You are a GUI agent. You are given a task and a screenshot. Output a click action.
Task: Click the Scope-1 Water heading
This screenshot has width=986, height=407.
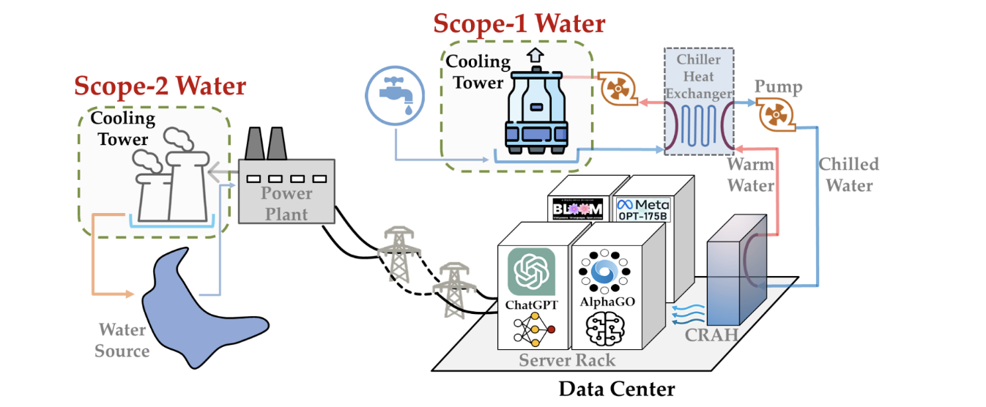[x=519, y=23]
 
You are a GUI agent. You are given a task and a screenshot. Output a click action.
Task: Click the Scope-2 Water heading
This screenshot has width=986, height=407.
[x=160, y=86]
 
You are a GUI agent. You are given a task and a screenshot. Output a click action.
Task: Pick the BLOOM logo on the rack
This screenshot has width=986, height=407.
[x=579, y=209]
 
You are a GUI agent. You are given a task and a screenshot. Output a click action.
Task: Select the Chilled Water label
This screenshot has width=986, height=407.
[x=849, y=174]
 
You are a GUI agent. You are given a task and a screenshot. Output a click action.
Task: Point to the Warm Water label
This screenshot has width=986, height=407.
[x=751, y=175]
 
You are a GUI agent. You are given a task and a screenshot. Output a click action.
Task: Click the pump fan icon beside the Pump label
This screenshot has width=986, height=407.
[x=775, y=116]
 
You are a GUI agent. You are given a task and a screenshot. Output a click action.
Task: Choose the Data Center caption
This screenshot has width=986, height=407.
[x=616, y=388]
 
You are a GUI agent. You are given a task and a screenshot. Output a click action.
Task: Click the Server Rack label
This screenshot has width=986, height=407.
[x=567, y=359]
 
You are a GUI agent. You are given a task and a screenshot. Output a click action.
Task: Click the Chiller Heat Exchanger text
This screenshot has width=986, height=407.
[x=698, y=76]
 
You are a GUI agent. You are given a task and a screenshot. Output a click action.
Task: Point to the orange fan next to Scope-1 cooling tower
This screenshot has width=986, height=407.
[x=615, y=89]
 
